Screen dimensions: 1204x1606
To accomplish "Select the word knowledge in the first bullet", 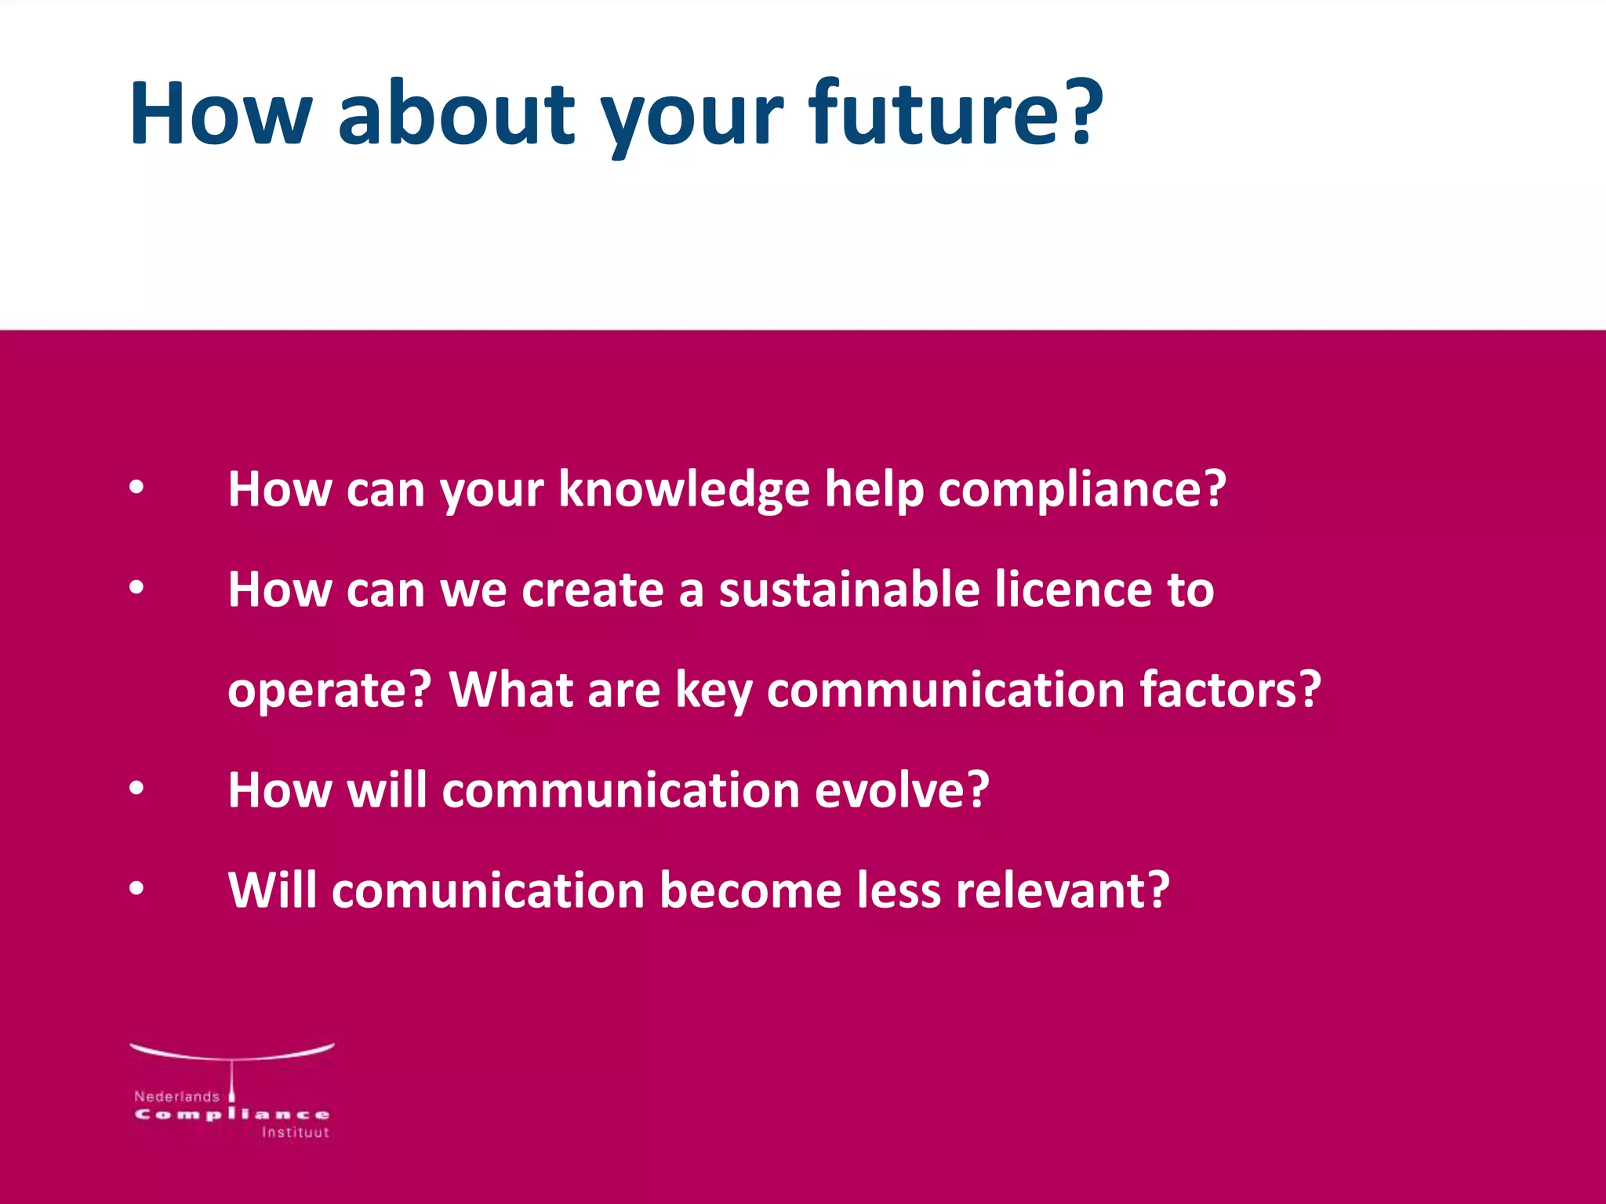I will (684, 490).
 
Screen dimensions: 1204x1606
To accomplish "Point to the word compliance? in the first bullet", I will (1082, 490).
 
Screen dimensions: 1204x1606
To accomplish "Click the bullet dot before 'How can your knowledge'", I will (136, 488).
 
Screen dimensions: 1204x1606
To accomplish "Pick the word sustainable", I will (849, 589).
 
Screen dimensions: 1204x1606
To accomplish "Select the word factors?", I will (1230, 690).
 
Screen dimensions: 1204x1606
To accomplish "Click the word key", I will (713, 691).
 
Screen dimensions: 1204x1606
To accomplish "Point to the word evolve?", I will (902, 790).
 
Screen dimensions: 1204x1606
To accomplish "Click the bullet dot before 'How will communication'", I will (136, 789).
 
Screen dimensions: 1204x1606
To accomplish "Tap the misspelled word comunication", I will (488, 890).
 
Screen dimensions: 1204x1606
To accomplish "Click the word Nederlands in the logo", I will (176, 1097).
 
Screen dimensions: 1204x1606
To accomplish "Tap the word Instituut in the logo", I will (295, 1133).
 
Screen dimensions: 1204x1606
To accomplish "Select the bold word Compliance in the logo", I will (232, 1115).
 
